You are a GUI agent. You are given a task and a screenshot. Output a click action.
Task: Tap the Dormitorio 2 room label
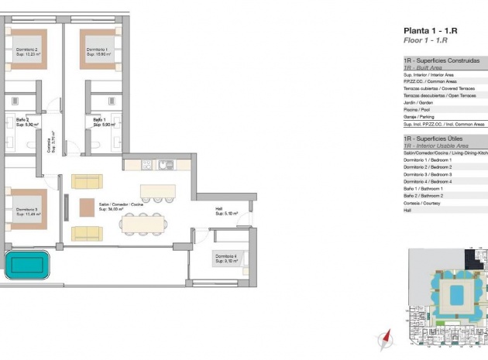27,52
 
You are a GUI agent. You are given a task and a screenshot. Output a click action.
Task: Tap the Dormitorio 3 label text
27,211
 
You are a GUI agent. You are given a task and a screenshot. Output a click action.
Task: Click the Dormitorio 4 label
227,258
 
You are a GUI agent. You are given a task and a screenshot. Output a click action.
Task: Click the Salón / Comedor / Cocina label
120,206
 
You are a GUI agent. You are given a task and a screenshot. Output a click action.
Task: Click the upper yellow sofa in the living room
86,181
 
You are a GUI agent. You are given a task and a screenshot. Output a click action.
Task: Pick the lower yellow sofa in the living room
86,233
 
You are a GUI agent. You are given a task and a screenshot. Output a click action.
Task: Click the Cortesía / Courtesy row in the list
423,202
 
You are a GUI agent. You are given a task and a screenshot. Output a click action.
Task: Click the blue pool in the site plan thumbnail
456,293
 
